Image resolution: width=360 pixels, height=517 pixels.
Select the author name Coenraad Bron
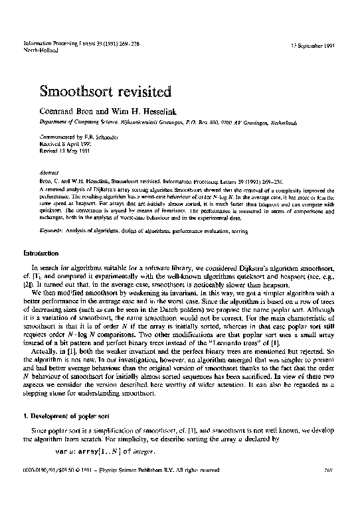pyautogui.click(x=71, y=111)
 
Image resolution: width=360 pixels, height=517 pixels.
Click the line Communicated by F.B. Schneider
pyautogui.click(x=74, y=135)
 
